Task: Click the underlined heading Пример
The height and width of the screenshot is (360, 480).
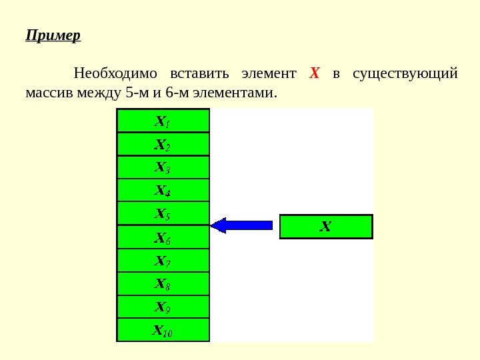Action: pyautogui.click(x=53, y=35)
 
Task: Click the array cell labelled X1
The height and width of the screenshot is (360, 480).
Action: pyautogui.click(x=163, y=121)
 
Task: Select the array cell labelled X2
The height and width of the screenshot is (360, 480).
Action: pyautogui.click(x=163, y=144)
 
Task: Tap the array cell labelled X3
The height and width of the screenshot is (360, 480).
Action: pyautogui.click(x=163, y=167)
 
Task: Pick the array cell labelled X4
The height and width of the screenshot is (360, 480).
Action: pyautogui.click(x=163, y=191)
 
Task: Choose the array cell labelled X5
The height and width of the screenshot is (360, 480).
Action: pyautogui.click(x=163, y=214)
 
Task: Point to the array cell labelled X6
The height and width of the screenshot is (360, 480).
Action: pyautogui.click(x=163, y=237)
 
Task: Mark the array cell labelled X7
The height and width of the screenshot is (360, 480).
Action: pyautogui.click(x=163, y=260)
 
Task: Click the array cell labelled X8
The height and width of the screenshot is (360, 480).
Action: pyautogui.click(x=163, y=283)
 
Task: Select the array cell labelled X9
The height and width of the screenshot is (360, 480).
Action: pyautogui.click(x=163, y=307)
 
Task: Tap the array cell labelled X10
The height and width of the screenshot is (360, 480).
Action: pyautogui.click(x=163, y=330)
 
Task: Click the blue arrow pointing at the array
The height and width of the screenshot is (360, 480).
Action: pyautogui.click(x=241, y=225)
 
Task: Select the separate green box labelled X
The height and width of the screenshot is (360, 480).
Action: pyautogui.click(x=326, y=227)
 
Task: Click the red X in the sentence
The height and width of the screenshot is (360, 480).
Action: pyautogui.click(x=315, y=72)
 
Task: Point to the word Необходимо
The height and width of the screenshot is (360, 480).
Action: pyautogui.click(x=115, y=72)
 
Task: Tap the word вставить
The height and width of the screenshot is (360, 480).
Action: pyautogui.click(x=199, y=72)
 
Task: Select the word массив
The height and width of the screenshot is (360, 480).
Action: pyautogui.click(x=48, y=91)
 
